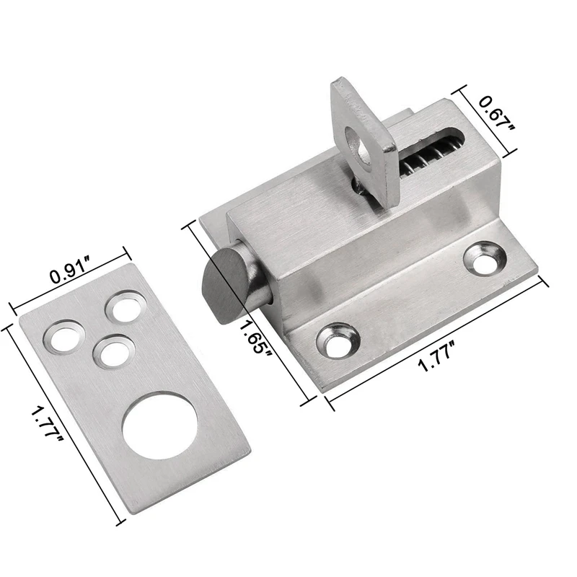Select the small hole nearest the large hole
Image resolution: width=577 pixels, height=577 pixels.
pyautogui.click(x=110, y=352)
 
